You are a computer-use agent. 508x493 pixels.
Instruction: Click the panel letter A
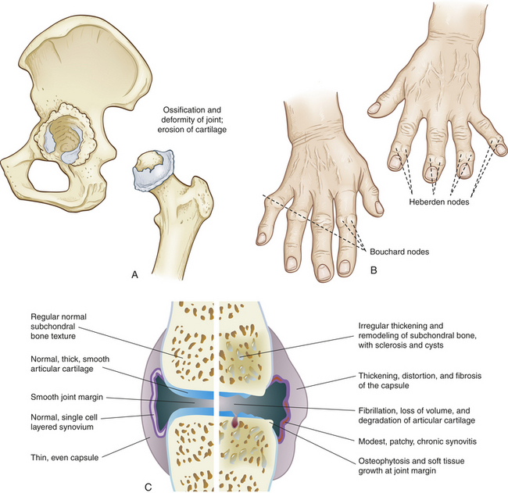tap(134, 275)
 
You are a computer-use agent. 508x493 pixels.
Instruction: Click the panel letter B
tap(374, 270)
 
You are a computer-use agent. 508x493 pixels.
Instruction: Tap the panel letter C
tap(148, 487)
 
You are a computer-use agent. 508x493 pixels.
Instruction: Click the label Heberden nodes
tap(439, 202)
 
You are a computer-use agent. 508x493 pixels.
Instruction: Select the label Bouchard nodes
tap(399, 252)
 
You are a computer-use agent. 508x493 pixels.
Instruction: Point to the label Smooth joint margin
tap(66, 397)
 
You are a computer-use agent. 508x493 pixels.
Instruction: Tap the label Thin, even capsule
tap(64, 457)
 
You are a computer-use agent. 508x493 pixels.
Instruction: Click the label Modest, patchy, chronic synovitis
tap(417, 441)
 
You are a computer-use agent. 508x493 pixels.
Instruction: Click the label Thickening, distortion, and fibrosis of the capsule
tap(420, 380)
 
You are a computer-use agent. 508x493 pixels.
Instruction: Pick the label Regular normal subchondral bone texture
tap(59, 326)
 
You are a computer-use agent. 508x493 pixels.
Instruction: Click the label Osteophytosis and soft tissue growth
tap(411, 466)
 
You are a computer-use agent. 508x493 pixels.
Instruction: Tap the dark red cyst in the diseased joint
tap(234, 421)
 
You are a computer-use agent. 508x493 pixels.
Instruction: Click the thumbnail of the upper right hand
tap(374, 108)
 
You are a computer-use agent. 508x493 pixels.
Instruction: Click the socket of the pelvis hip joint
tap(66, 135)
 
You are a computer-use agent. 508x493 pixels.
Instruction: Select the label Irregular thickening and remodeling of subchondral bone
tap(417, 335)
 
